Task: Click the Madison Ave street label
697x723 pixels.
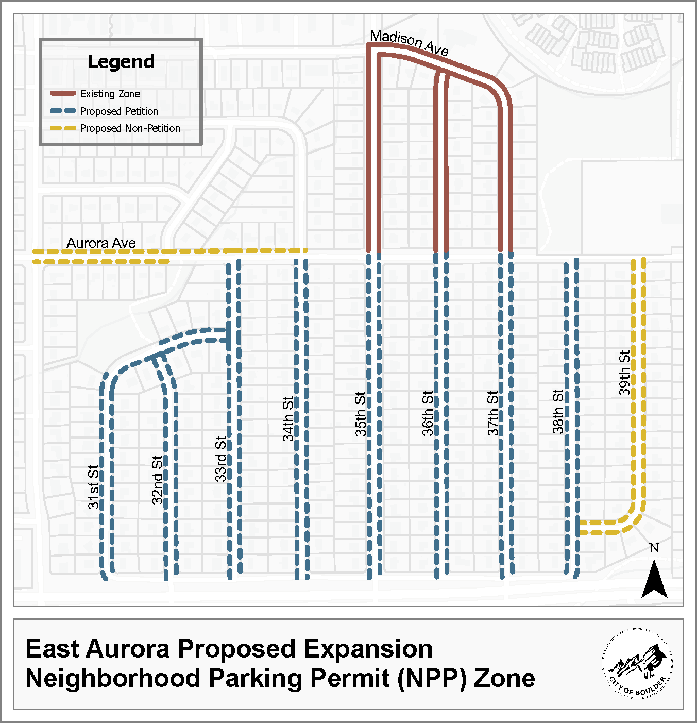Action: [409, 43]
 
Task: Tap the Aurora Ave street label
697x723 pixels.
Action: [101, 243]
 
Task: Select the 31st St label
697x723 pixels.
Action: [93, 487]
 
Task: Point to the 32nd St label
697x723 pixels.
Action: [157, 479]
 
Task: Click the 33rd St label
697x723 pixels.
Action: [220, 459]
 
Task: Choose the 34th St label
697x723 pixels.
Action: [288, 418]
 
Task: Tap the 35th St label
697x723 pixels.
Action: [361, 414]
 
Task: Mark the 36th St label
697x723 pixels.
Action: [428, 413]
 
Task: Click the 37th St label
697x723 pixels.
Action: [493, 413]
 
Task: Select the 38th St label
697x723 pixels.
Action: [558, 411]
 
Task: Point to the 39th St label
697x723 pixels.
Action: [624, 373]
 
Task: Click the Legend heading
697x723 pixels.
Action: [121, 62]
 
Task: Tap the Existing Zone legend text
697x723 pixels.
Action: [110, 94]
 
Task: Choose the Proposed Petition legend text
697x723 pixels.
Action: [119, 111]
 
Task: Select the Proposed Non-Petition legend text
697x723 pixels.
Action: [130, 128]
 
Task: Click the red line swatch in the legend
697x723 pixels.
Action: [63, 94]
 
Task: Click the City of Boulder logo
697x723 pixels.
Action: [637, 663]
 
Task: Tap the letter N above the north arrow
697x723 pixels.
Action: [654, 548]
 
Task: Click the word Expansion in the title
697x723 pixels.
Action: [368, 649]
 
